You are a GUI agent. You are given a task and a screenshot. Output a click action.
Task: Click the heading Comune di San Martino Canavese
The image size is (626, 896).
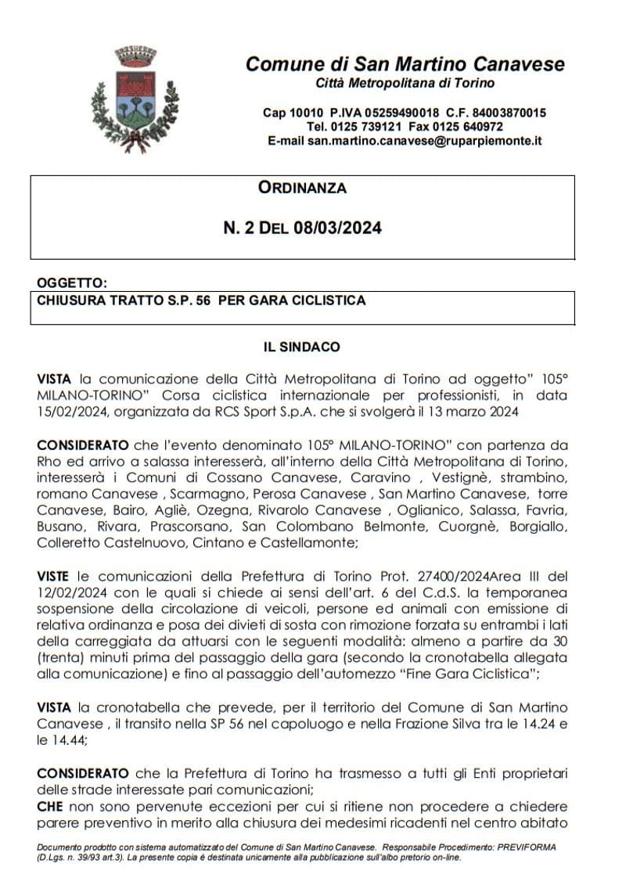click(405, 64)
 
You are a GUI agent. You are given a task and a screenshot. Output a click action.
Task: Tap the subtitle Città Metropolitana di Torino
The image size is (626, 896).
click(405, 83)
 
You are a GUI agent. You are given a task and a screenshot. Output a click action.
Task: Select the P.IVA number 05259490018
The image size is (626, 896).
click(396, 113)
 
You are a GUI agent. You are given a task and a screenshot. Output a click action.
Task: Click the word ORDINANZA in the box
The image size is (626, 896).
click(302, 188)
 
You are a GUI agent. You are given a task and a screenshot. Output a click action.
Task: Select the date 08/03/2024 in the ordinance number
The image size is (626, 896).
click(338, 228)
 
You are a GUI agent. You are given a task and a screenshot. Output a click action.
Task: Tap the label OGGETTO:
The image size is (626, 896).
click(71, 282)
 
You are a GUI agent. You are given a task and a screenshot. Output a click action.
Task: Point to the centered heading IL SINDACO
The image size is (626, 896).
click(302, 346)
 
